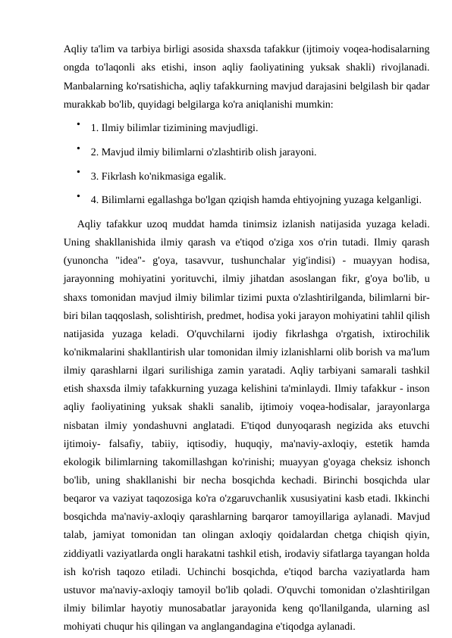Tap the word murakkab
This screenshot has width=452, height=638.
(87, 102)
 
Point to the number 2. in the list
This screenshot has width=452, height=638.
(95, 152)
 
